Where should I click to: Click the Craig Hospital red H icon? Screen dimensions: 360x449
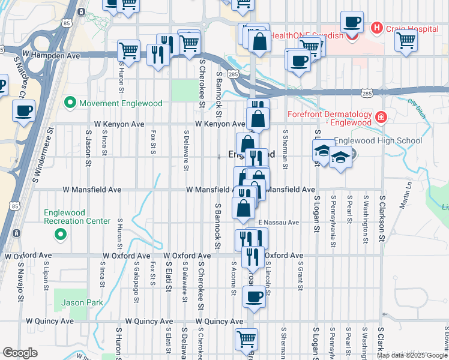pyautogui.click(x=377, y=27)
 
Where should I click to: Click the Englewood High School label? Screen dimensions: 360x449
pyautogui.click(x=378, y=141)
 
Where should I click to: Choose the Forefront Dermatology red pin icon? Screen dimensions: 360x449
pyautogui.click(x=381, y=116)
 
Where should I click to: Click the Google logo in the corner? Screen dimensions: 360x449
pyautogui.click(x=19, y=353)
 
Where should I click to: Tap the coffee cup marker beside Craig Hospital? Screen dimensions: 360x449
pyautogui.click(x=352, y=22)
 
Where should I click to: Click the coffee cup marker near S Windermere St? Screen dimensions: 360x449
pyautogui.click(x=23, y=111)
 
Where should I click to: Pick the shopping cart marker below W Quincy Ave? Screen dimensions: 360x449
pyautogui.click(x=246, y=340)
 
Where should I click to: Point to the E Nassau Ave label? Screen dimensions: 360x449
pyautogui.click(x=279, y=223)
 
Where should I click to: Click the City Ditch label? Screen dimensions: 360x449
pyautogui.click(x=416, y=107)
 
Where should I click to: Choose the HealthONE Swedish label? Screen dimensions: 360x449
pyautogui.click(x=306, y=35)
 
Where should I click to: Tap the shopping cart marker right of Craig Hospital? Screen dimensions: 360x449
pyautogui.click(x=406, y=41)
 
